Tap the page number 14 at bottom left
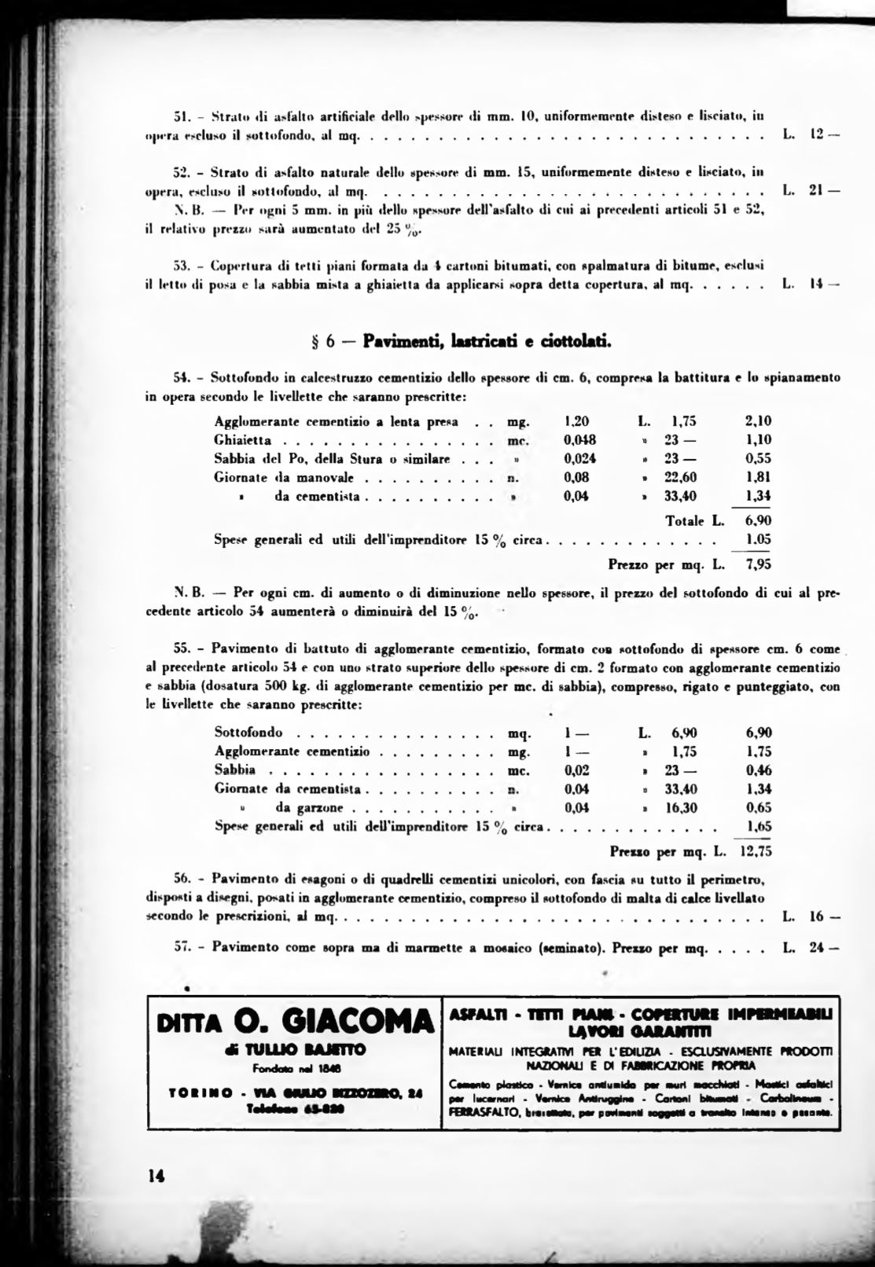click(155, 1176)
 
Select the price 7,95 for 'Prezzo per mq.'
click(758, 564)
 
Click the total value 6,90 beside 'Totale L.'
click(758, 520)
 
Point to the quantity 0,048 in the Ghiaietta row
click(579, 440)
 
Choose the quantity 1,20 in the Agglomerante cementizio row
click(576, 421)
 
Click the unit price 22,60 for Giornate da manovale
click(679, 477)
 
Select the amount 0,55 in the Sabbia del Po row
click(758, 459)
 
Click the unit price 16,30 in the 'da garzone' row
click(679, 807)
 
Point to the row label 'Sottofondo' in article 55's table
click(248, 733)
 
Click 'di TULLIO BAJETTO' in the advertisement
click(295, 1050)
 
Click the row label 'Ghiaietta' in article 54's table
click(242, 440)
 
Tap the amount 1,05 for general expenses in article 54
click(758, 540)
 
